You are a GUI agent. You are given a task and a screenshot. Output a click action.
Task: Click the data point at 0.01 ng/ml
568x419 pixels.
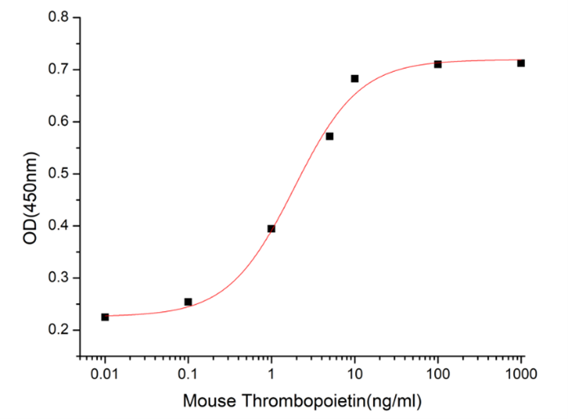105,317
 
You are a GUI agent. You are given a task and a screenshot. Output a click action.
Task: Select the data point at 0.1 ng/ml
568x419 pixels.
189,302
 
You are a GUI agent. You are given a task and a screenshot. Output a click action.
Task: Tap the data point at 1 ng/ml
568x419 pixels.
271,229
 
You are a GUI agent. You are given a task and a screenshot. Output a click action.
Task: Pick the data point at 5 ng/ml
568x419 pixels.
330,136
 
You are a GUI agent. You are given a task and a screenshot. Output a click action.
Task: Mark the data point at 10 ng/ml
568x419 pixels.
355,78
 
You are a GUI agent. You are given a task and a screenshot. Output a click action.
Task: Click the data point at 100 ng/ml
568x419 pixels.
438,64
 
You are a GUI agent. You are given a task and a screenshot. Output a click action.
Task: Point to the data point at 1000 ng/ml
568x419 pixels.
521,63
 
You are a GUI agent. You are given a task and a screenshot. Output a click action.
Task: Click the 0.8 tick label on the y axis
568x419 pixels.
58,17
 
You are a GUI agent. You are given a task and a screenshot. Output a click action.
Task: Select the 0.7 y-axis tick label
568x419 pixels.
58,69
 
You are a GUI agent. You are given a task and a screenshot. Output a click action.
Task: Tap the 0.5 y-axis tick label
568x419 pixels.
58,174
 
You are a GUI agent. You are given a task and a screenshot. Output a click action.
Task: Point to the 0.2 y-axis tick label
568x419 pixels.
58,330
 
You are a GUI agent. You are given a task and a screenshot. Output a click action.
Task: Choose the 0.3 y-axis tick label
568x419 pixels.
58,279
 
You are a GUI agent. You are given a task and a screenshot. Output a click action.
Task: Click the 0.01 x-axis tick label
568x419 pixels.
105,375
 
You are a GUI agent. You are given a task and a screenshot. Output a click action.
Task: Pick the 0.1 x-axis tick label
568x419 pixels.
189,375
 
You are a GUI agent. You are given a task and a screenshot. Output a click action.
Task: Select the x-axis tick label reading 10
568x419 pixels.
355,375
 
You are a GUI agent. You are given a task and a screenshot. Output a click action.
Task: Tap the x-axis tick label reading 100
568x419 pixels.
438,375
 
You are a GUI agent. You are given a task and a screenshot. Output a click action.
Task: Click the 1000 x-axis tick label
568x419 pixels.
521,375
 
